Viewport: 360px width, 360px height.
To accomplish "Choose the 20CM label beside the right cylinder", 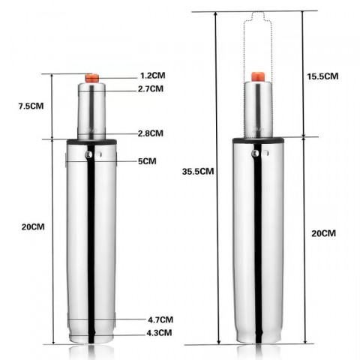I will tap(323, 232).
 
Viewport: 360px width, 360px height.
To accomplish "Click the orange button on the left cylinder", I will tap(93, 77).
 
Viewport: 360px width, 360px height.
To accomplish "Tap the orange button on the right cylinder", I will tap(257, 76).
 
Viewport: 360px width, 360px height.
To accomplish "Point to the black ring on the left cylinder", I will tap(93, 141).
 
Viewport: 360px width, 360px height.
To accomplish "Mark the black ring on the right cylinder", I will tap(257, 140).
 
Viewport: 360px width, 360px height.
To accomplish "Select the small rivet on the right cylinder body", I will tap(254, 153).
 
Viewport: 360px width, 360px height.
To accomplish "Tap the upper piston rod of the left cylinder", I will tap(93, 109).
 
